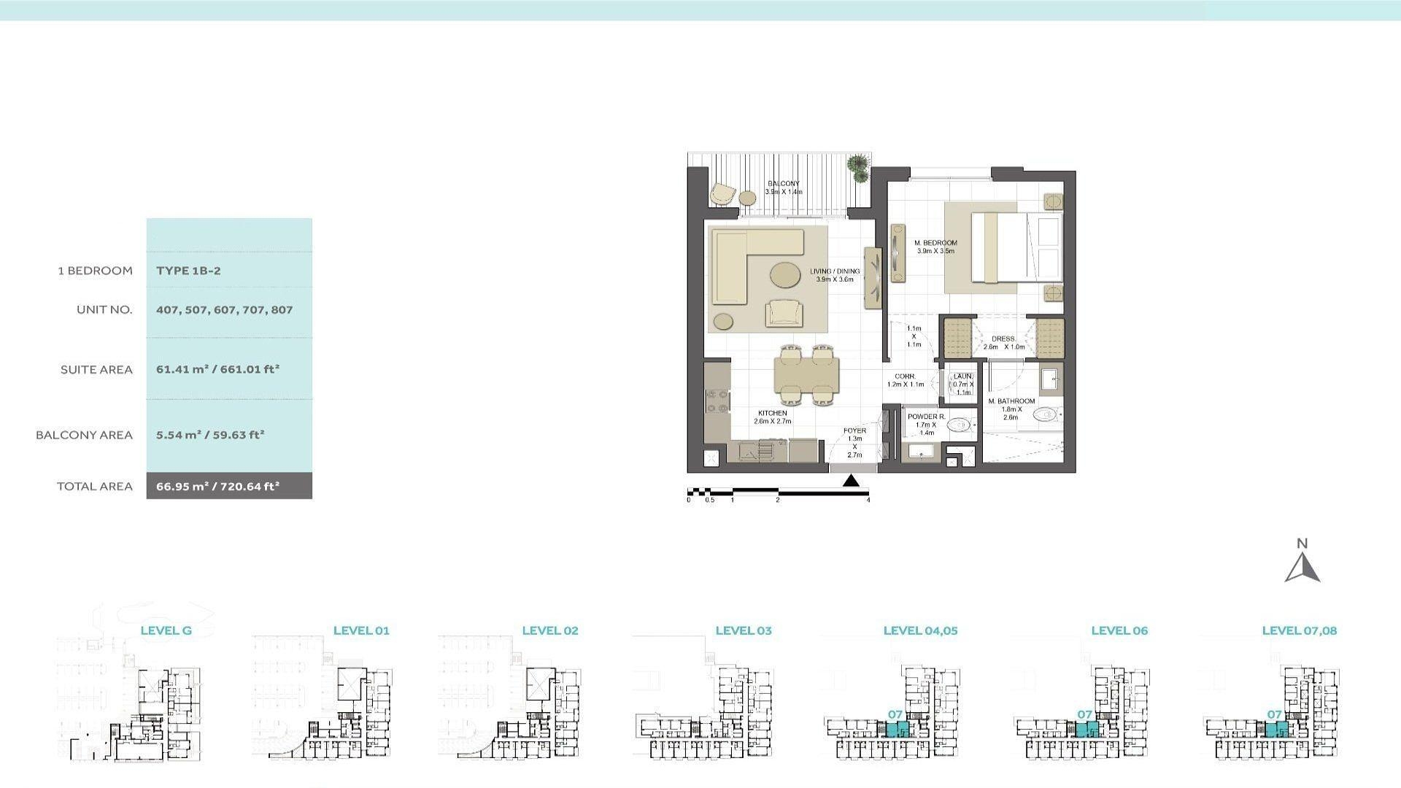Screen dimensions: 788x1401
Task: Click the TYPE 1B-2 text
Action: pyautogui.click(x=188, y=271)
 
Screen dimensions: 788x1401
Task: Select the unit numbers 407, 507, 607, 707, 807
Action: pyautogui.click(x=224, y=310)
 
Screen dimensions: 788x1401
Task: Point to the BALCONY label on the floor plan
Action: pyautogui.click(x=783, y=184)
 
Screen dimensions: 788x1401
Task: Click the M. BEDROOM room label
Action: pyautogui.click(x=935, y=243)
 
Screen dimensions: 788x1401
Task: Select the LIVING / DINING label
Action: pyautogui.click(x=835, y=271)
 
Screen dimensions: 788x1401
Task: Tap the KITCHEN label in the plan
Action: pyautogui.click(x=772, y=414)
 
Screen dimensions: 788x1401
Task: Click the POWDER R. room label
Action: pyautogui.click(x=926, y=417)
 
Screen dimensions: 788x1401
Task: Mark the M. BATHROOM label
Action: pyautogui.click(x=1011, y=401)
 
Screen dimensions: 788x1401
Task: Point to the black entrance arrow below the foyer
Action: pyautogui.click(x=851, y=481)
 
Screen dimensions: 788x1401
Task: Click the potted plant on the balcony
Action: pyautogui.click(x=860, y=168)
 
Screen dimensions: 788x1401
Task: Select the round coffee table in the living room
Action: pyautogui.click(x=785, y=276)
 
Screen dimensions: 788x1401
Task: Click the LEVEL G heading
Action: pyautogui.click(x=166, y=631)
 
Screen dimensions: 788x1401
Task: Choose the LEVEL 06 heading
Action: pyautogui.click(x=1119, y=631)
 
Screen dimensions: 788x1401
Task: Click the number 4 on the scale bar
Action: pyautogui.click(x=868, y=501)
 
